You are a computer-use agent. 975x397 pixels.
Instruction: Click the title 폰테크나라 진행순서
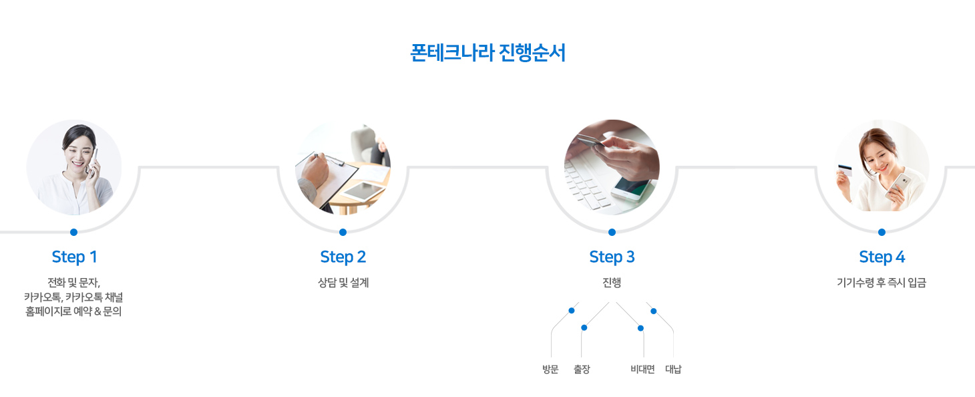pyautogui.click(x=488, y=53)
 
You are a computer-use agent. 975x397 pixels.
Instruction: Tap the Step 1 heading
pyautogui.click(x=74, y=257)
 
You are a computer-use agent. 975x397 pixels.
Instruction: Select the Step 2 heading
pyautogui.click(x=343, y=257)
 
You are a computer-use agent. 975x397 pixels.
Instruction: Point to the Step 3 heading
pyautogui.click(x=612, y=257)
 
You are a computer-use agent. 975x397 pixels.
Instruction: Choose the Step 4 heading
pyautogui.click(x=882, y=257)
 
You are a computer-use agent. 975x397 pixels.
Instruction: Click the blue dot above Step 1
pyautogui.click(x=74, y=233)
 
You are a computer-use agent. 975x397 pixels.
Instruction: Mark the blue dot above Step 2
pyautogui.click(x=343, y=233)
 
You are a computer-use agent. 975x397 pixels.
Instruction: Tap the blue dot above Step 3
pyautogui.click(x=612, y=233)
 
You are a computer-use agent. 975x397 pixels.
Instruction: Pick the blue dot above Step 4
pyautogui.click(x=882, y=233)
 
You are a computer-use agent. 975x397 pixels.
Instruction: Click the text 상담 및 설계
pyautogui.click(x=343, y=283)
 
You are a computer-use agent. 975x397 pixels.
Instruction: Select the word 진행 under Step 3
pyautogui.click(x=612, y=283)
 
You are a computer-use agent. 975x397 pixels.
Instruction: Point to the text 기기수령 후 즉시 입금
pyautogui.click(x=882, y=283)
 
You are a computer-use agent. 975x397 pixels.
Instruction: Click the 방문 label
pyautogui.click(x=551, y=369)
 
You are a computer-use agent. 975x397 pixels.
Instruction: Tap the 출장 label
pyautogui.click(x=582, y=369)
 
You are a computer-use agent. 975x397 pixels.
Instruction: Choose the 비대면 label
pyautogui.click(x=643, y=369)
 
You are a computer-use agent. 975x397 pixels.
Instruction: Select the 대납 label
pyautogui.click(x=673, y=369)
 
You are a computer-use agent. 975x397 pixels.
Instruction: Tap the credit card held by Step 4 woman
pyautogui.click(x=845, y=170)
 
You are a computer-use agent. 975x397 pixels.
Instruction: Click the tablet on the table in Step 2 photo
pyautogui.click(x=364, y=191)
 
